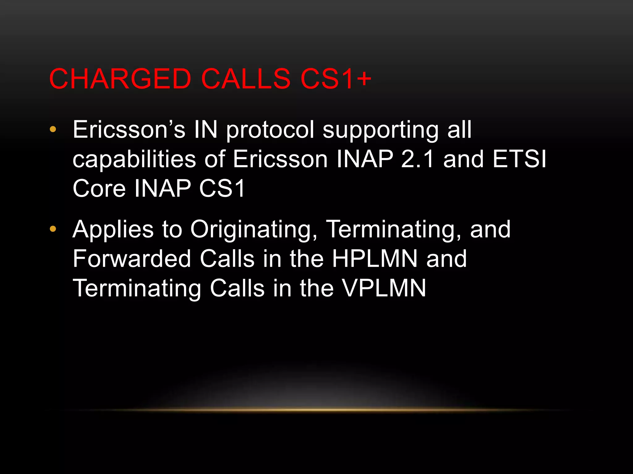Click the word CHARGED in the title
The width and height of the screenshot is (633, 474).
click(120, 79)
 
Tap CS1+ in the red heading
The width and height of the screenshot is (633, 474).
click(336, 79)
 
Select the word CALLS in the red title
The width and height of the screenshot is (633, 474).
click(246, 79)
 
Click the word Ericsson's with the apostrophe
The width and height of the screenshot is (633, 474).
click(129, 130)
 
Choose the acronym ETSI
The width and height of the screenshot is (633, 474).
click(520, 159)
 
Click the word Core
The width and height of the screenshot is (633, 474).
click(99, 189)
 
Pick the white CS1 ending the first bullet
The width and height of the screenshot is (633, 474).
click(222, 189)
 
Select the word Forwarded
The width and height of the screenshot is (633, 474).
click(132, 259)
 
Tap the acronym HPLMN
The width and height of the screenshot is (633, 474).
click(375, 259)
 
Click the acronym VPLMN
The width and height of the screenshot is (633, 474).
click(384, 288)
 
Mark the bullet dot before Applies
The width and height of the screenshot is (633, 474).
click(53, 229)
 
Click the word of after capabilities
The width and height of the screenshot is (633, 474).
click(215, 159)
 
